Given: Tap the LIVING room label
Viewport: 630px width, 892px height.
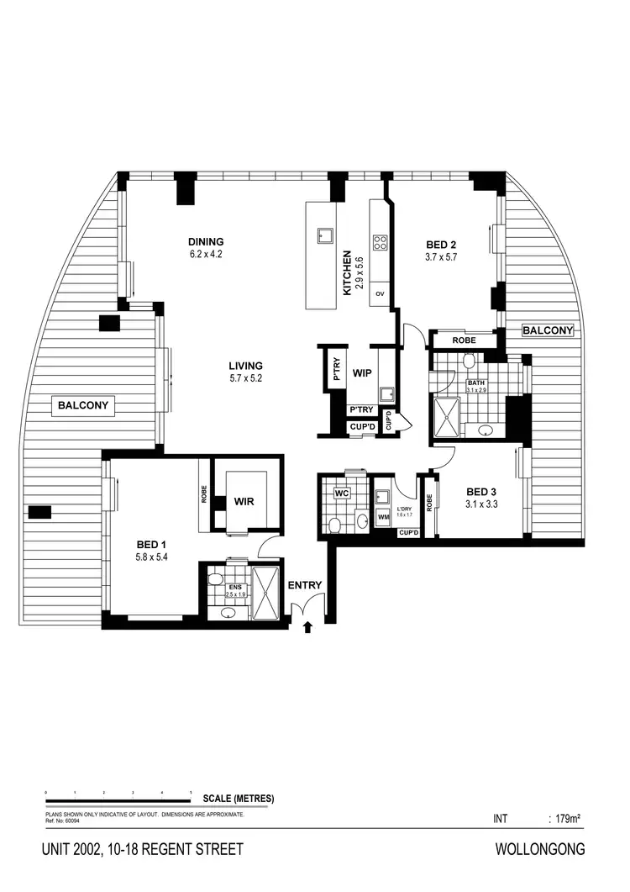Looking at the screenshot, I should (246, 366).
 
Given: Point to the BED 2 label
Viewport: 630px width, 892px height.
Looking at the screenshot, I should (441, 245).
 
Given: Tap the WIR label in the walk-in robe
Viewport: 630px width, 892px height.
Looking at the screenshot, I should (244, 501).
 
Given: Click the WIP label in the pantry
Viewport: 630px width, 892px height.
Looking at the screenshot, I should (362, 372).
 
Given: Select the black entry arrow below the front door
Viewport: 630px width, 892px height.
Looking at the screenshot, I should (307, 625).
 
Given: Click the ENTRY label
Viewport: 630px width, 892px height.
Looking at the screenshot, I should (304, 586).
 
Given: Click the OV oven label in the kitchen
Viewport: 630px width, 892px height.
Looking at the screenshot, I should (380, 293).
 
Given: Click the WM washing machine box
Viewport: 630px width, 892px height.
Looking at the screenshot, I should (383, 517).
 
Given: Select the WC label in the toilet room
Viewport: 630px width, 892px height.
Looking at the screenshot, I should (341, 494).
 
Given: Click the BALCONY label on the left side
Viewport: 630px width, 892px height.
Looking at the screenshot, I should (83, 406).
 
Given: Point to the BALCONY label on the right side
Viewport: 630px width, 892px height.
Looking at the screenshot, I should (548, 330).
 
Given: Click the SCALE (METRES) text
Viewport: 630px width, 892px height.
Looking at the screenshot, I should (239, 799).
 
